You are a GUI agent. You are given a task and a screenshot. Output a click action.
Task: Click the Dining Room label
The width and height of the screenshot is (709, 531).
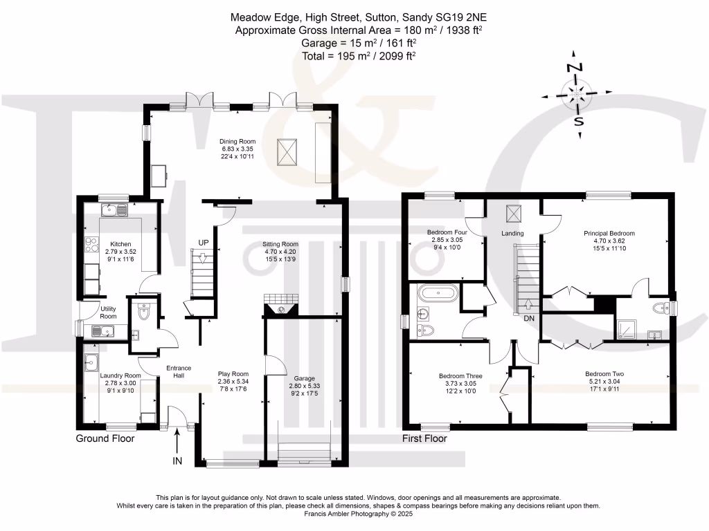[x=237, y=141]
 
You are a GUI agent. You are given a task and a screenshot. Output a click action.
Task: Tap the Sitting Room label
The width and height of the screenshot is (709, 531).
[x=280, y=244]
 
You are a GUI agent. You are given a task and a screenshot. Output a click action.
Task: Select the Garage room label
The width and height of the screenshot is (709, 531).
[x=305, y=378]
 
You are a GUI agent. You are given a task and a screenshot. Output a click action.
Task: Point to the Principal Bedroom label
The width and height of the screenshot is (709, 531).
[x=609, y=234]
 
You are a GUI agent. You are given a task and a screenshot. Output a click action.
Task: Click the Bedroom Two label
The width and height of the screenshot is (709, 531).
[x=604, y=374]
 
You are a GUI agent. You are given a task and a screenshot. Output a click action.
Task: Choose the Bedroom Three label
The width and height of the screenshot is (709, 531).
[x=460, y=375]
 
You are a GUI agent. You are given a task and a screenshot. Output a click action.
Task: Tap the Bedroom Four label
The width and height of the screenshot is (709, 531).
[x=447, y=232]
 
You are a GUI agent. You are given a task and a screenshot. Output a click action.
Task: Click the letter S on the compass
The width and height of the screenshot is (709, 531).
[x=579, y=121]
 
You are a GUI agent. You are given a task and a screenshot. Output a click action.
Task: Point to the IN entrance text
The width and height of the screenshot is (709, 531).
[x=177, y=461]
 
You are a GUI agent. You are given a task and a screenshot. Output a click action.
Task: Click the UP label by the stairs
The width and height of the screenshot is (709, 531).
[x=204, y=243]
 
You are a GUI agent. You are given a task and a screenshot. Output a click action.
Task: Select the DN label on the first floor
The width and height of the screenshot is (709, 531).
[x=529, y=318]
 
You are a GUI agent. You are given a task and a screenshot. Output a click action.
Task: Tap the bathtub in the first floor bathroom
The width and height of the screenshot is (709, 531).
[x=438, y=293]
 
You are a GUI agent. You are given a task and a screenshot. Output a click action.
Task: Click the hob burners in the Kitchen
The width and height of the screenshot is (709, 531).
[x=91, y=244]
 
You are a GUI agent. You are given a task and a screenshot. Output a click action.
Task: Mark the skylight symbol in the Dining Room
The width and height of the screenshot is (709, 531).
[x=287, y=152]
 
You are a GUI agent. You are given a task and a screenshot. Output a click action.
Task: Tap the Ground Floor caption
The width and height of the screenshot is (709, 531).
[x=105, y=438]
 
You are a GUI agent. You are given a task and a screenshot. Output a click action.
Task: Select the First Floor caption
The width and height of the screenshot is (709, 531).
[x=424, y=438]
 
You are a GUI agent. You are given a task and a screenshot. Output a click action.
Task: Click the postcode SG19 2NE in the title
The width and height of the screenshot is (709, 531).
[x=461, y=17]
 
